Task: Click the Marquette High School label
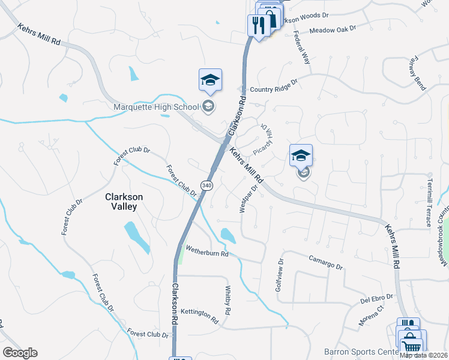pyautogui.click(x=156, y=107)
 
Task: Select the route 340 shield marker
pyautogui.click(x=206, y=185)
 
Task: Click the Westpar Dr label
pyautogui.click(x=249, y=198)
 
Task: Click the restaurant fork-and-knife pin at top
pyautogui.click(x=259, y=25)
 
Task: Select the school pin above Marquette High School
pyautogui.click(x=210, y=80)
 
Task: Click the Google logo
pyautogui.click(x=20, y=352)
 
